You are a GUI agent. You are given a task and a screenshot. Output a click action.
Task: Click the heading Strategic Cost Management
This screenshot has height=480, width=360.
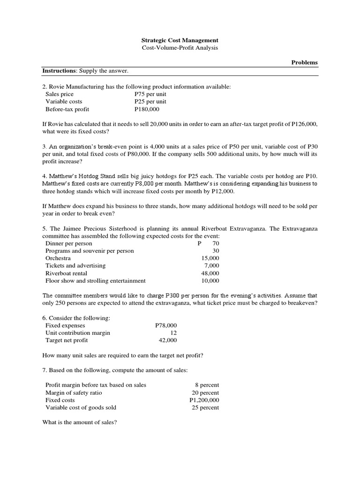click(180, 41)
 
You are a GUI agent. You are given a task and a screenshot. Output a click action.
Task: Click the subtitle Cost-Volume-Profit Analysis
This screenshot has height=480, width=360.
click(180, 48)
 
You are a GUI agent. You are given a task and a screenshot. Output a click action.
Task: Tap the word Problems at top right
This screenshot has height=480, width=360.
click(305, 62)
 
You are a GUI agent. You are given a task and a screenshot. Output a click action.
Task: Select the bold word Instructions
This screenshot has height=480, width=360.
click(60, 71)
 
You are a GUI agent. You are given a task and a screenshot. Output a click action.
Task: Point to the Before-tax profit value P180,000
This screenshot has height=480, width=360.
click(147, 109)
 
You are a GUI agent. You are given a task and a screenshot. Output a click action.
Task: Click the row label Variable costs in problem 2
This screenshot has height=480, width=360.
click(64, 102)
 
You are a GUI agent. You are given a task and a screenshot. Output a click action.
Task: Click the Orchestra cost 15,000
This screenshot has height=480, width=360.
click(210, 258)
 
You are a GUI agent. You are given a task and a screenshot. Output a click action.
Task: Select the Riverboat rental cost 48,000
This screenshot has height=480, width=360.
click(210, 273)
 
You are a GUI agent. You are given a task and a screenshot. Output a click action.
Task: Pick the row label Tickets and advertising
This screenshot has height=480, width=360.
click(75, 266)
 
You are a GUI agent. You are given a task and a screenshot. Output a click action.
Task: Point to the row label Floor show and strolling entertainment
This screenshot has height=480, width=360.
click(95, 281)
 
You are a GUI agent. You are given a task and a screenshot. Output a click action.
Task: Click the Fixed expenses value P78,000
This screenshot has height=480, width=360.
click(166, 325)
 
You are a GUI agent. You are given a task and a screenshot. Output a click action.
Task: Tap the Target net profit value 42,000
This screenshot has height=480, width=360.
click(167, 340)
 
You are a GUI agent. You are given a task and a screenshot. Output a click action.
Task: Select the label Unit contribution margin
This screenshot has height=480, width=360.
click(78, 333)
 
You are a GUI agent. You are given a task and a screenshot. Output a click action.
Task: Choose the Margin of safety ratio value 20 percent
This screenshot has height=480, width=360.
click(205, 393)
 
